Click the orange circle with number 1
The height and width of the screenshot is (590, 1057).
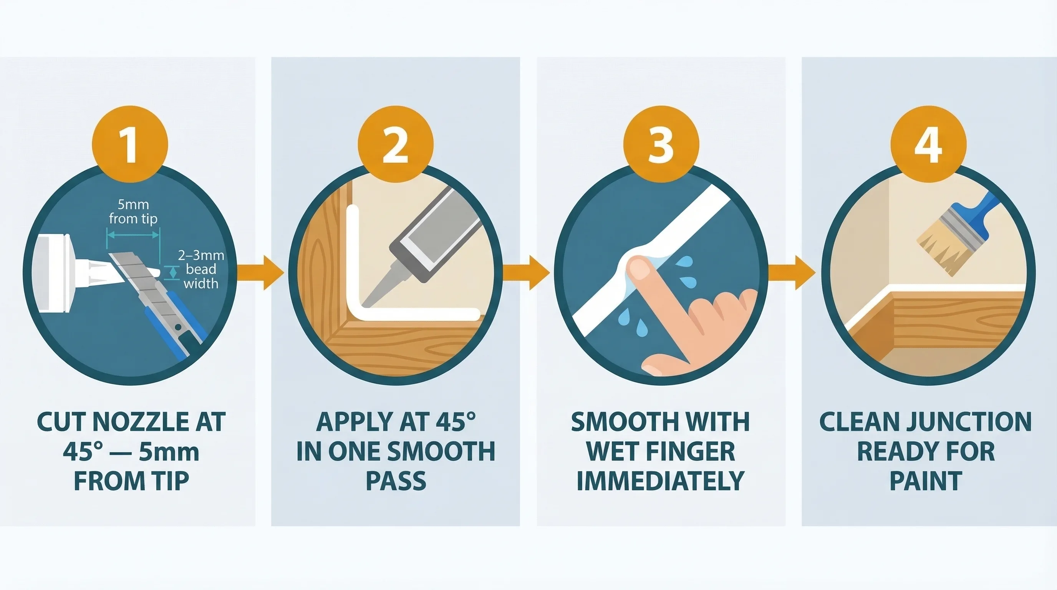point(130,144)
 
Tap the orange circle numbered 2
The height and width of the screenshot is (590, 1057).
point(395,144)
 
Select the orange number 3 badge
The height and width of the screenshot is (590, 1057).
point(661,144)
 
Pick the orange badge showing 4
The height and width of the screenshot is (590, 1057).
point(928,144)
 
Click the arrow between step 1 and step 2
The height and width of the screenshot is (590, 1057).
point(263,272)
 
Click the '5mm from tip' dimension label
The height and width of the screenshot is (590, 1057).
point(133,212)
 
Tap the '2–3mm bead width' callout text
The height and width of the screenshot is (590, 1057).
point(200,269)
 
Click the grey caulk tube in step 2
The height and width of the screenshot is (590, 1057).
point(435,234)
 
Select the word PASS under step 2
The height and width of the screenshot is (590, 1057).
point(396,481)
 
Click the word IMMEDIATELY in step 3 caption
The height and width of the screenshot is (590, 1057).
point(660,481)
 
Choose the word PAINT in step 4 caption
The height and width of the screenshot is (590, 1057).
point(926,481)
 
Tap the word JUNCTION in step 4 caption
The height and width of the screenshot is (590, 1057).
point(969,422)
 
